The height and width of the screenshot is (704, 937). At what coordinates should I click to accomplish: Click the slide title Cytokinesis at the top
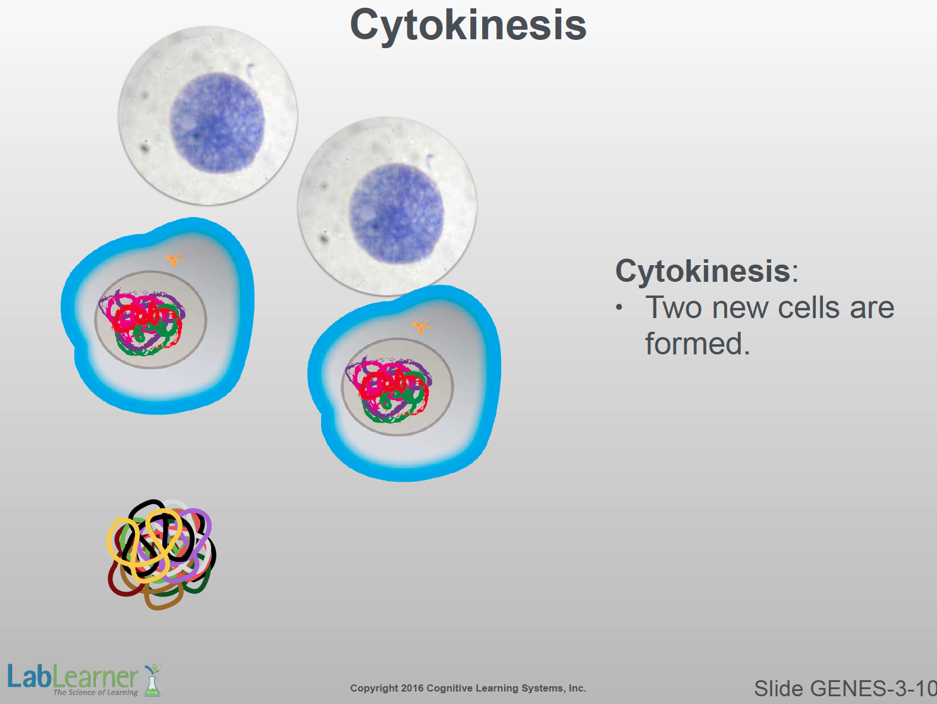pos(468,26)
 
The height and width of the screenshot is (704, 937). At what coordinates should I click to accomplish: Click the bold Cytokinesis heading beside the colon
pos(703,271)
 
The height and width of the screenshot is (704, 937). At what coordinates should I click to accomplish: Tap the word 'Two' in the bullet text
pos(673,307)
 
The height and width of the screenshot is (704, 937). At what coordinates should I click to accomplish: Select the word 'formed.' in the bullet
pos(697,344)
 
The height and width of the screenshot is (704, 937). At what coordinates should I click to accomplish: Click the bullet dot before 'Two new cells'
pos(620,308)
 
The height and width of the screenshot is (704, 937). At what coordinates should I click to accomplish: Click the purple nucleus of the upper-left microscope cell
pos(217,122)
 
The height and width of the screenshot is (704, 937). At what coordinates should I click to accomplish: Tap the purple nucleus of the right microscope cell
pos(397,213)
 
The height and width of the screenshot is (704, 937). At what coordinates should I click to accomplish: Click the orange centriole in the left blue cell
pos(175,259)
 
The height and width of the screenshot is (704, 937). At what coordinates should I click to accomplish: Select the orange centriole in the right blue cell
pos(422,326)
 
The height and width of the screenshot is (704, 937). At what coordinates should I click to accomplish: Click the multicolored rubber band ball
pos(161,554)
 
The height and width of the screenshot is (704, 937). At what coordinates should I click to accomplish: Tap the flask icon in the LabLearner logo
pos(152,681)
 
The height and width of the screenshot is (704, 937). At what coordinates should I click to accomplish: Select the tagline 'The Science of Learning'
pos(96,692)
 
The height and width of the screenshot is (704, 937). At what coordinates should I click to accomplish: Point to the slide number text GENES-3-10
pos(873,689)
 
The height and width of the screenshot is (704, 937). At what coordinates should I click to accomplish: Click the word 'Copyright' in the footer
pos(374,689)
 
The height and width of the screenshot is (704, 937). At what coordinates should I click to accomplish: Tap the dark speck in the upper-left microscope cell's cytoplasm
pos(144,148)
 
